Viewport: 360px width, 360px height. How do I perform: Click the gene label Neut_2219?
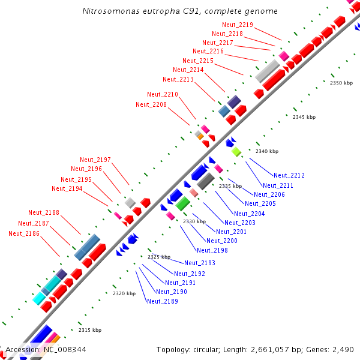pyautogui.click(x=238, y=25)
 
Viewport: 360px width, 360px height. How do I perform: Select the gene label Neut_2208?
pyautogui.click(x=151, y=104)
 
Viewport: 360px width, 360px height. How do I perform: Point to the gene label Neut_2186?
pyautogui.click(x=24, y=233)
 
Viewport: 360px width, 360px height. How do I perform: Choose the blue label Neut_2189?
pyautogui.click(x=162, y=301)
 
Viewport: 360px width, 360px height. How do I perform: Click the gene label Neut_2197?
pyautogui.click(x=95, y=160)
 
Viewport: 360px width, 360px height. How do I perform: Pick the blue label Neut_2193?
pyautogui.click(x=200, y=263)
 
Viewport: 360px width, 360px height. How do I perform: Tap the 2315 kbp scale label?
pyautogui.click(x=90, y=330)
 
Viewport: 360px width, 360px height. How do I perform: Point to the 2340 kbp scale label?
pyautogui.click(x=267, y=151)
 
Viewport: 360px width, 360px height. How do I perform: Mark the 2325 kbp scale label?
pyautogui.click(x=159, y=257)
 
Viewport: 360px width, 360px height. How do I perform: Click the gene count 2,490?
pyautogui.click(x=343, y=349)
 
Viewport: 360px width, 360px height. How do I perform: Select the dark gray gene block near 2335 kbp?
pyautogui.click(x=206, y=181)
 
